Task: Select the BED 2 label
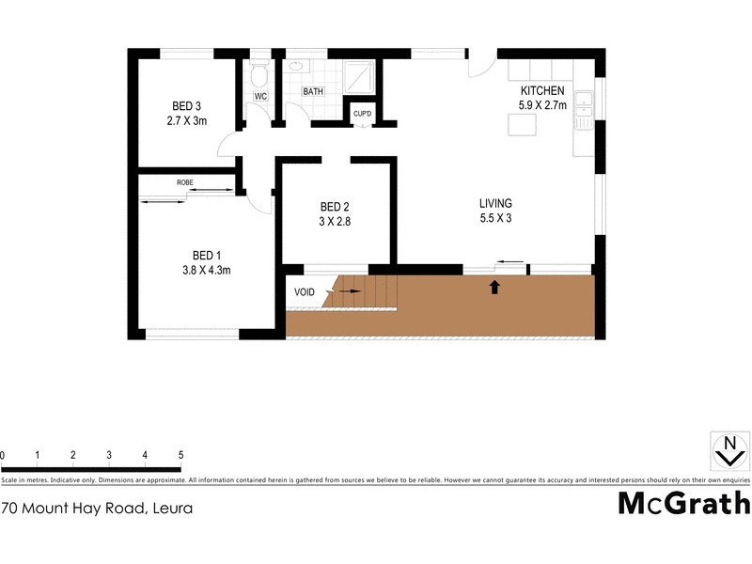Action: point(335,207)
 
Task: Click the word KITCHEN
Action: point(541,90)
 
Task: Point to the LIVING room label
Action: point(495,203)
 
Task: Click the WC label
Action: point(261,95)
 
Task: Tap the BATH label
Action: point(313,91)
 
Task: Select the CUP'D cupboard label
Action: point(361,114)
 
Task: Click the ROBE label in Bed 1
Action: point(185,181)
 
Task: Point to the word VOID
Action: point(305,292)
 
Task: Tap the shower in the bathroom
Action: point(361,76)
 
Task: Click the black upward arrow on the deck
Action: point(494,287)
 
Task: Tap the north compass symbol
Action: point(728,449)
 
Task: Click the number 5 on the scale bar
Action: point(180,455)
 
